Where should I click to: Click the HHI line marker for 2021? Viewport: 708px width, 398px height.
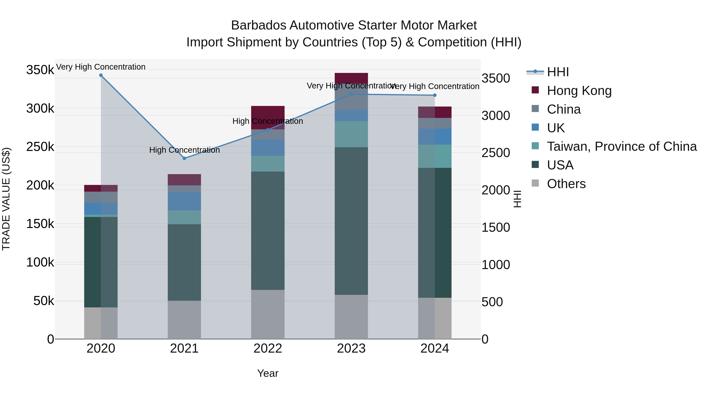click(184, 158)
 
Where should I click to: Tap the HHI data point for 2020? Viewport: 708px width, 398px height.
click(101, 75)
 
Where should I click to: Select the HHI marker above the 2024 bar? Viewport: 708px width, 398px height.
click(434, 95)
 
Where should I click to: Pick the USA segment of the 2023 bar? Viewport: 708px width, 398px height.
click(351, 221)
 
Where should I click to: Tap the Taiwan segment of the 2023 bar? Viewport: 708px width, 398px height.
click(351, 134)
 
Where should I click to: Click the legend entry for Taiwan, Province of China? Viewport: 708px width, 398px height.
click(621, 146)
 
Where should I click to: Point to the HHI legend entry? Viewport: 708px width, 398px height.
click(558, 72)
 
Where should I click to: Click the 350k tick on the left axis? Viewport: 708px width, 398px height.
click(40, 70)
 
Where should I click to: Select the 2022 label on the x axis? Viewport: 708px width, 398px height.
click(268, 348)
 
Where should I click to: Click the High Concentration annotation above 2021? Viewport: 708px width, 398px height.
click(184, 150)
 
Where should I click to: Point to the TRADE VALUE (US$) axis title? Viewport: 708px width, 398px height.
click(6, 199)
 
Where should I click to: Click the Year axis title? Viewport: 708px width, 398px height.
click(268, 373)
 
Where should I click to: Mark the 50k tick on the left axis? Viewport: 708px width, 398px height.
click(44, 301)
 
